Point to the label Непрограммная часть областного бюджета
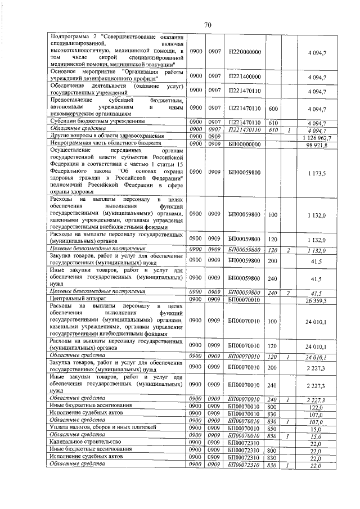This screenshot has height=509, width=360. pyautogui.click(x=103, y=144)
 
